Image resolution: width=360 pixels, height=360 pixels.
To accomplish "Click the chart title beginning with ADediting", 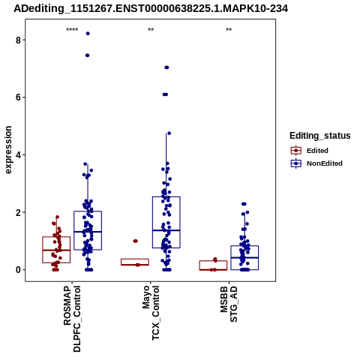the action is coord(151,8).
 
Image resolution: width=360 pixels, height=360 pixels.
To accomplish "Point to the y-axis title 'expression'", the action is coord(8,150).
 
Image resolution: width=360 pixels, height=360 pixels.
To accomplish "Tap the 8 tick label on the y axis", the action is coord(18,40).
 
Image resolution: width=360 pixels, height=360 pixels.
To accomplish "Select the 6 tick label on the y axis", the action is coord(18,97).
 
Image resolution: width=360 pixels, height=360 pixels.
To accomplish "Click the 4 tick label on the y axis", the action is coord(18,154).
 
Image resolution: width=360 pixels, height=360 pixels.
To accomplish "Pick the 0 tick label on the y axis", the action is coord(18,270).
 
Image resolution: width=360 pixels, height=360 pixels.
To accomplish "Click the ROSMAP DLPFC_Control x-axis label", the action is coord(72,319).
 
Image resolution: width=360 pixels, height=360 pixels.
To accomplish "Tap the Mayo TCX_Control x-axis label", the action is coord(151,313).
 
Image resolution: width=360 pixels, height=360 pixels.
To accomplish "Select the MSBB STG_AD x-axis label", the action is coord(229,304).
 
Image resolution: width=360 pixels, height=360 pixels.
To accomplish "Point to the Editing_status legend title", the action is coord(320,136).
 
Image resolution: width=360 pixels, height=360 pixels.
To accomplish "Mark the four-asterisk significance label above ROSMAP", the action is coord(72,30).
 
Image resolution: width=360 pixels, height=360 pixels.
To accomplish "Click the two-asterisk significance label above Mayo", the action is coord(151,30).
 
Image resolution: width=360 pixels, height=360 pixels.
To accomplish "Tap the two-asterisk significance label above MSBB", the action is coord(229,30).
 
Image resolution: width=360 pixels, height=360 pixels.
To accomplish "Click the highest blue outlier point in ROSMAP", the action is coord(88,34).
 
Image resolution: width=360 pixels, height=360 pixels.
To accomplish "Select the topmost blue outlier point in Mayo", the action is coord(166,67).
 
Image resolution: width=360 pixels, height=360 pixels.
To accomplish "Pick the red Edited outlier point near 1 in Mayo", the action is coord(135,241).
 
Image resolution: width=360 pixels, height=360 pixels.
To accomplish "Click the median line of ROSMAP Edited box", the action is coord(56,250).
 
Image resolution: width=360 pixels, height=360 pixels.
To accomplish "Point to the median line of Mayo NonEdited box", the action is coord(166,230).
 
